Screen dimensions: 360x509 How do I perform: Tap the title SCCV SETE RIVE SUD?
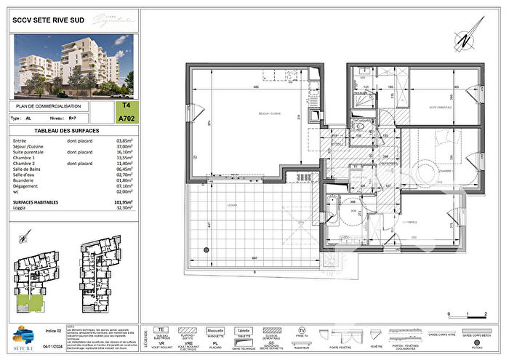(x=46, y=22)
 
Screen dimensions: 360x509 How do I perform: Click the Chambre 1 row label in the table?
(x=26, y=157)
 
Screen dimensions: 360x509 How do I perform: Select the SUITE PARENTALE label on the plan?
(x=441, y=107)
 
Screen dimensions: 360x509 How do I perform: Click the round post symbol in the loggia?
(x=207, y=250)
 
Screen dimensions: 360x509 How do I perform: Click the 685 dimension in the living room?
(x=257, y=87)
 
